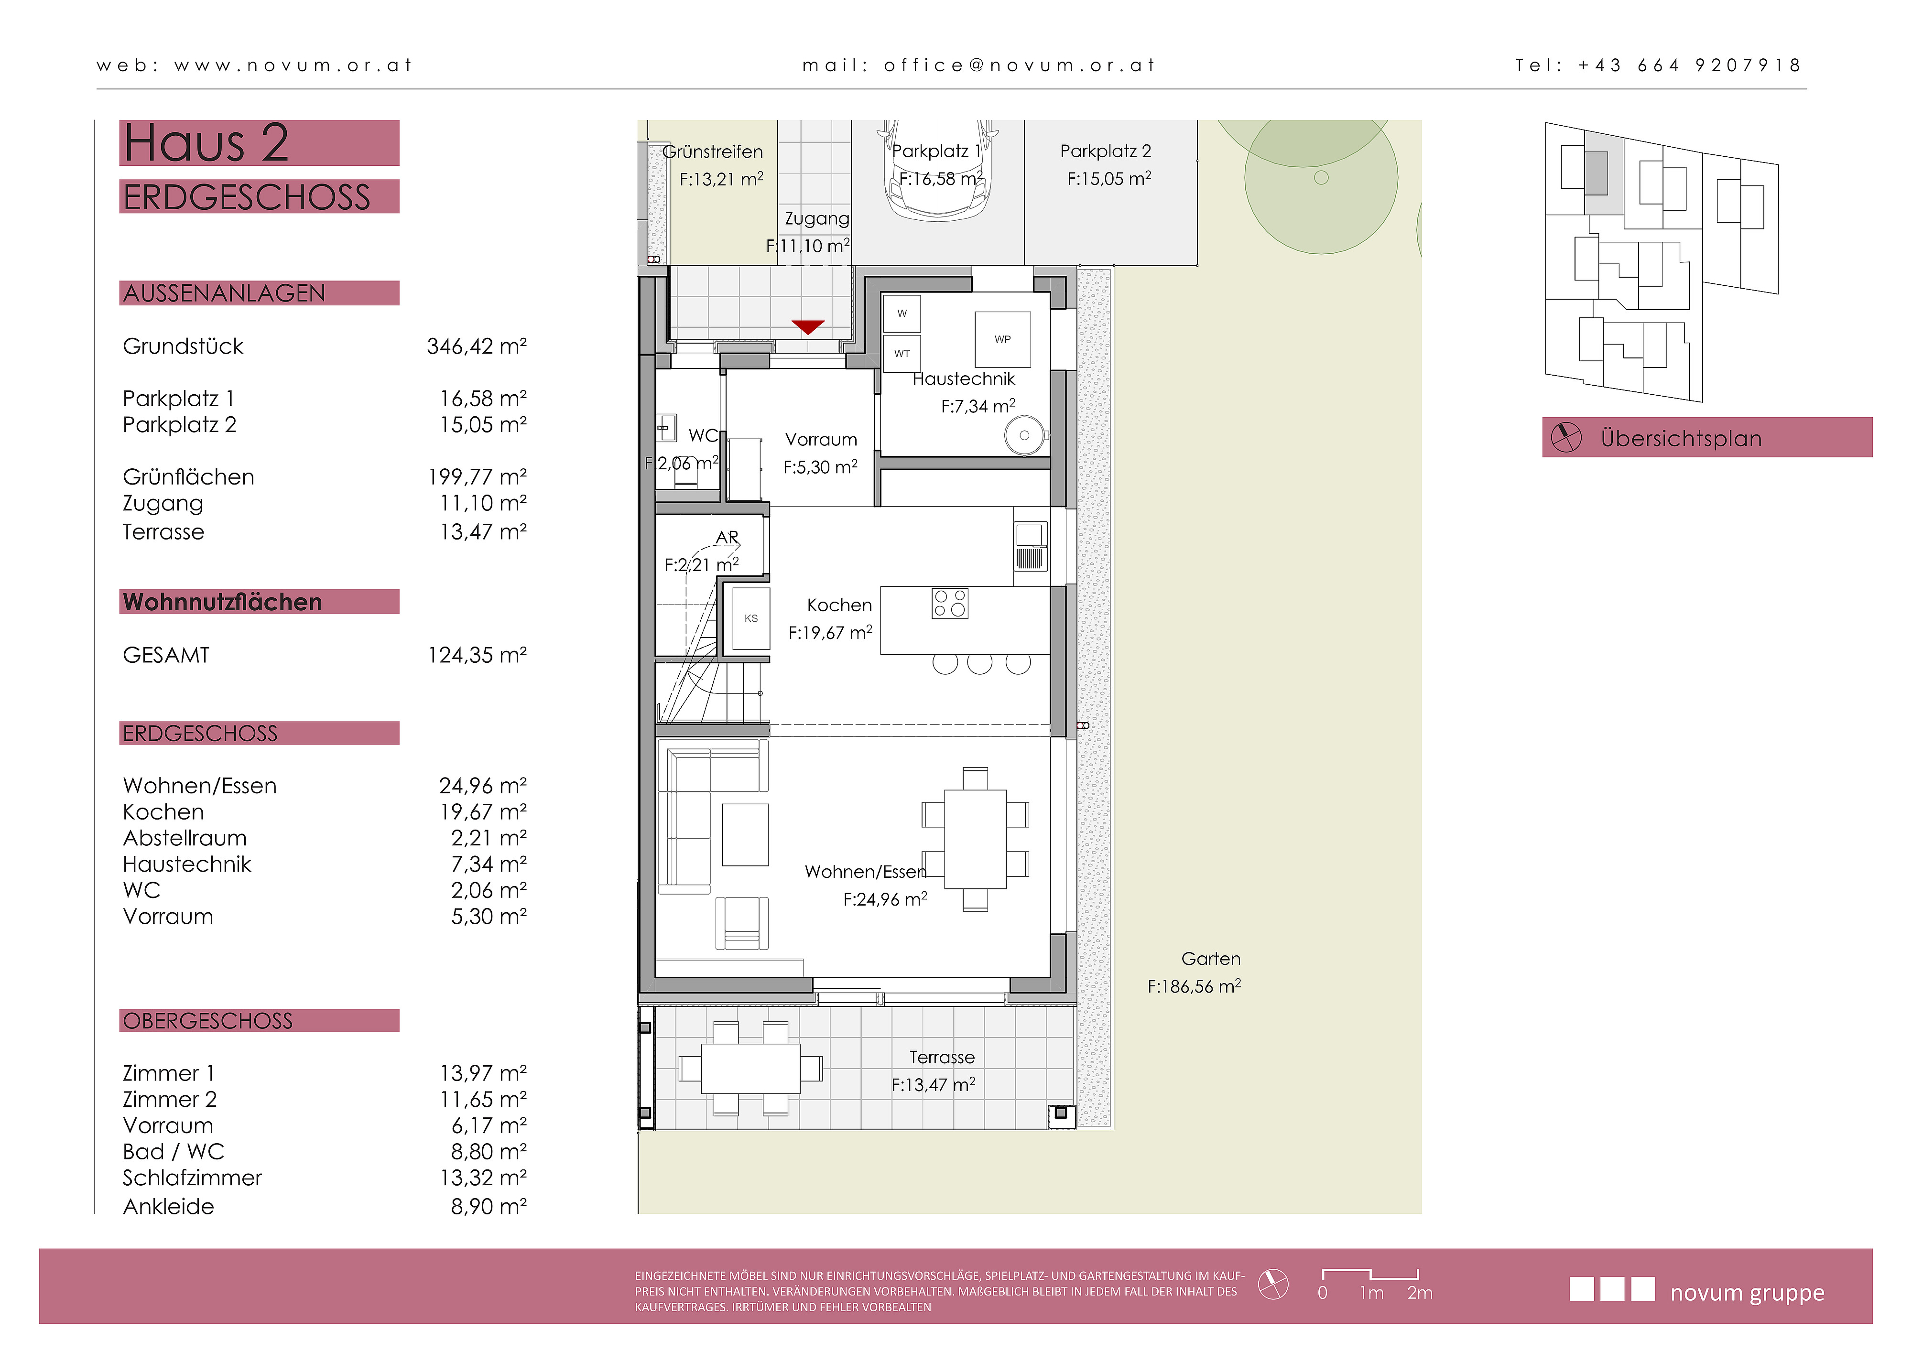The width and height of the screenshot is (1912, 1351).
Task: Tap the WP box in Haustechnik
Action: pyautogui.click(x=1003, y=339)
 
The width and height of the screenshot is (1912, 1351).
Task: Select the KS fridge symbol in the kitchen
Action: pyautogui.click(x=751, y=618)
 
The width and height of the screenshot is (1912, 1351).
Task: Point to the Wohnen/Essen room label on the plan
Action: pyautogui.click(x=865, y=872)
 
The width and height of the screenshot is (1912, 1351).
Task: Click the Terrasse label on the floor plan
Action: pyautogui.click(x=941, y=1057)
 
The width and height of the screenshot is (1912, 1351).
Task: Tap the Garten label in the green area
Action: pyautogui.click(x=1211, y=959)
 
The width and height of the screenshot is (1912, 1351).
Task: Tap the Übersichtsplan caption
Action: pyautogui.click(x=1681, y=439)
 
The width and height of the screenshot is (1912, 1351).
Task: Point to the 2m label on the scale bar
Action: pyautogui.click(x=1420, y=1293)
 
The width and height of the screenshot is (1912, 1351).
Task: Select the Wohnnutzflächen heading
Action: pyautogui.click(x=222, y=602)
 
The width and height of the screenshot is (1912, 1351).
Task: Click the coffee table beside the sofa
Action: pyautogui.click(x=744, y=835)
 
